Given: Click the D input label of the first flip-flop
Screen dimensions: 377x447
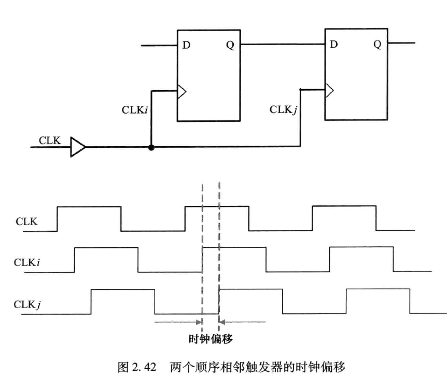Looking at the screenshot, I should point(186,45).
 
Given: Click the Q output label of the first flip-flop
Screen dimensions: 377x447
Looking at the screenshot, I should point(230,45).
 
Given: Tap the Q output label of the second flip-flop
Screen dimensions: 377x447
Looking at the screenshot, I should point(377,45).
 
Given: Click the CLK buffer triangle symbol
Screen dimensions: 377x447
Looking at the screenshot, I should point(78,147).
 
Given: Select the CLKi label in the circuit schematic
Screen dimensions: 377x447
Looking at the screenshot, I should point(137,110).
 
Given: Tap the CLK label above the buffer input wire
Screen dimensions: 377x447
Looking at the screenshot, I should point(49,140).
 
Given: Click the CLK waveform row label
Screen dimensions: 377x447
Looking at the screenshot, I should point(26,221).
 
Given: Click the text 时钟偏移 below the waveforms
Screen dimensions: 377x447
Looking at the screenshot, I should point(211,339).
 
